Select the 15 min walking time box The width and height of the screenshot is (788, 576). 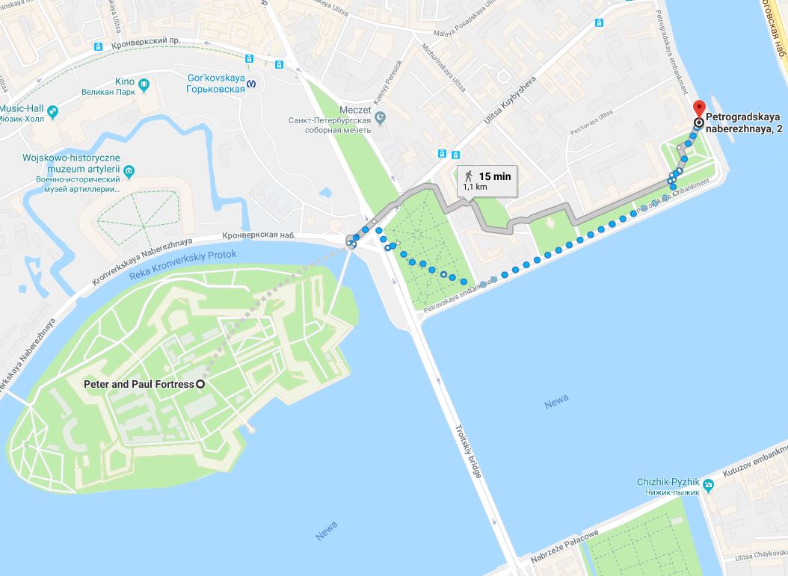pyautogui.click(x=487, y=180)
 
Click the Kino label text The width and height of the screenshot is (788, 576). pyautogui.click(x=124, y=81)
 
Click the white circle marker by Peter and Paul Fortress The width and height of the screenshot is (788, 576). pyautogui.click(x=200, y=384)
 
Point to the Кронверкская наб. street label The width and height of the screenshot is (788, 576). pyautogui.click(x=259, y=236)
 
